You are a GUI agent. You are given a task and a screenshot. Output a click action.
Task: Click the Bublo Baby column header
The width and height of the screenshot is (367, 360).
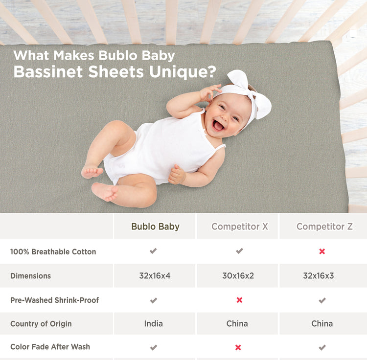[x=155, y=227]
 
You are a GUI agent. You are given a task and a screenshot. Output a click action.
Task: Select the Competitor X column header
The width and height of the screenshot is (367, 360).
[x=239, y=227]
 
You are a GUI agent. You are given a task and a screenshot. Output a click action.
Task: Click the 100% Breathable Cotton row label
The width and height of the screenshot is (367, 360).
[x=53, y=252]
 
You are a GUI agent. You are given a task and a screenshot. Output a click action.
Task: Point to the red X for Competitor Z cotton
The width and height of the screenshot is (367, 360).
[x=322, y=251]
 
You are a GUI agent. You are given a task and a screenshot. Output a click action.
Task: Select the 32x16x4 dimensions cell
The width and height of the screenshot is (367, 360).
[x=155, y=276]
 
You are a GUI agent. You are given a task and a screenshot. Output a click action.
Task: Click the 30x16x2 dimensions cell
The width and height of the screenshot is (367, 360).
[x=238, y=276]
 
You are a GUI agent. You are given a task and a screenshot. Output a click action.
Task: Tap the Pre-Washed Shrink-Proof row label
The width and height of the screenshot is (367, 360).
[x=54, y=300]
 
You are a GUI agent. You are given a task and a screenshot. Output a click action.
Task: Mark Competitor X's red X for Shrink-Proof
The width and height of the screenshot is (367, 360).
[x=239, y=300]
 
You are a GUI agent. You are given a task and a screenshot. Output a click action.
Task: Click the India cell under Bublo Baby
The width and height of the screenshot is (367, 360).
[x=154, y=324]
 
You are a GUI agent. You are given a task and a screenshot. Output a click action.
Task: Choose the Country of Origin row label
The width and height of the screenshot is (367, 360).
[x=41, y=324]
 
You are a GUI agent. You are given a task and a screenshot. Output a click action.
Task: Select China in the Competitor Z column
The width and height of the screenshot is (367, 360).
[x=322, y=324]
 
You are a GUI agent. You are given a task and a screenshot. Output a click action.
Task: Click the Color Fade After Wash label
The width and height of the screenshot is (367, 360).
[x=50, y=347]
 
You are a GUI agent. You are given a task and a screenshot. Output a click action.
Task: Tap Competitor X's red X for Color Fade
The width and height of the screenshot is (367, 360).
[x=238, y=347]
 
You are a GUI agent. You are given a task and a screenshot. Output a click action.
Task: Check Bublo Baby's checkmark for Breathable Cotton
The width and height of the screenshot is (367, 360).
[x=153, y=251]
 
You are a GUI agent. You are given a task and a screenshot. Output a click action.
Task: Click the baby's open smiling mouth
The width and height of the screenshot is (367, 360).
[x=218, y=126]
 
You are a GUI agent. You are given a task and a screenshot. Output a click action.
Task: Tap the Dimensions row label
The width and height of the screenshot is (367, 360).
[x=30, y=276]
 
